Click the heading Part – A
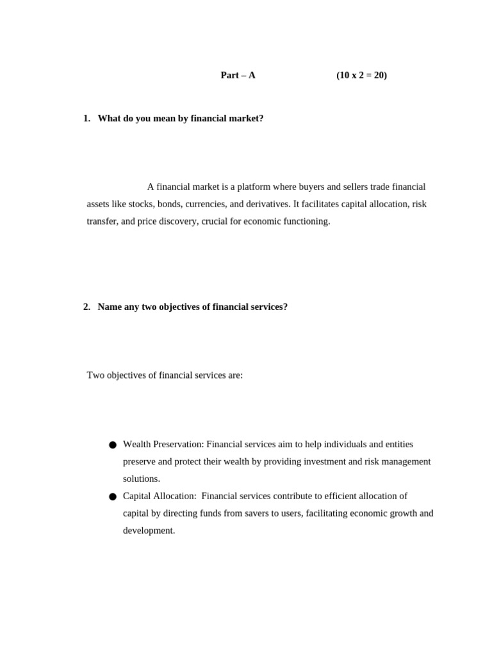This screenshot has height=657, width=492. (238, 75)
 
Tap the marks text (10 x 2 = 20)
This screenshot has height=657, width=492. (361, 75)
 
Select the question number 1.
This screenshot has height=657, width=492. (86, 119)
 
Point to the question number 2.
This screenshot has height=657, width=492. (86, 307)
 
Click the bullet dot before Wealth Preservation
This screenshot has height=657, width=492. (113, 445)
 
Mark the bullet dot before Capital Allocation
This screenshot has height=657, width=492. (113, 497)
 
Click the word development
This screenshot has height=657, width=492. (149, 531)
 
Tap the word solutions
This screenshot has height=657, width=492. (141, 479)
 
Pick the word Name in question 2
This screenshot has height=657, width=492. (110, 307)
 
